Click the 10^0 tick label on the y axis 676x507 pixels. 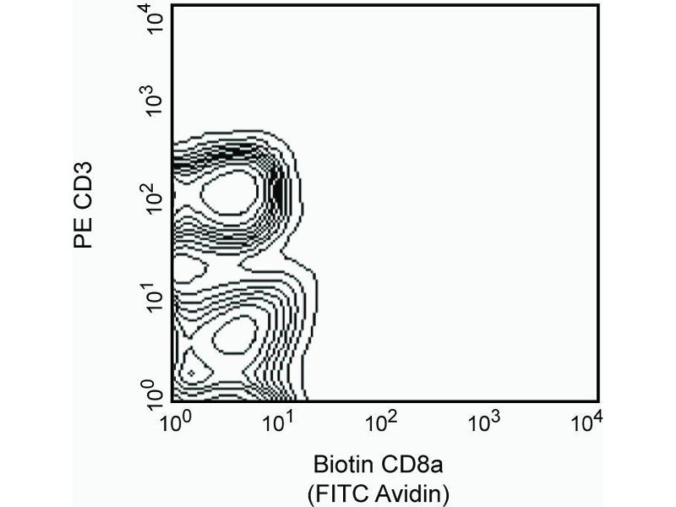point(152,394)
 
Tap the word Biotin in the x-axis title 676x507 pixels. point(342,465)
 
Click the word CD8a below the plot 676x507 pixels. point(412,465)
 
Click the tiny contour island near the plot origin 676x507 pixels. point(192,372)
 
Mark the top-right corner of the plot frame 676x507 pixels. point(598,4)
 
